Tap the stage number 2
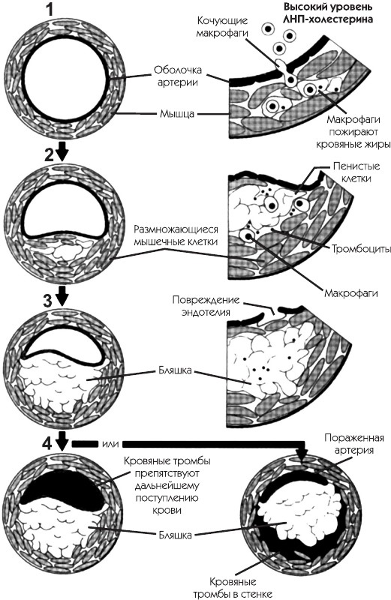click(x=50, y=154)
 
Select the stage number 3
click(x=47, y=301)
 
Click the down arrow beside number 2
click(x=63, y=152)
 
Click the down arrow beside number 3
click(x=62, y=296)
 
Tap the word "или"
click(x=110, y=443)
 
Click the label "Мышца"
click(x=177, y=114)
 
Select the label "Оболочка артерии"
click(x=177, y=76)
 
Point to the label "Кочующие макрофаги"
click(x=222, y=27)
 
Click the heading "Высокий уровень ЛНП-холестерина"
click(x=327, y=13)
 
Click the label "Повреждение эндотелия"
click(x=206, y=305)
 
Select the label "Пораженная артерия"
click(x=354, y=443)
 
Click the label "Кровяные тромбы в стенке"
click(x=233, y=588)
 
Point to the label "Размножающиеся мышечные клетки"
click(x=176, y=235)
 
